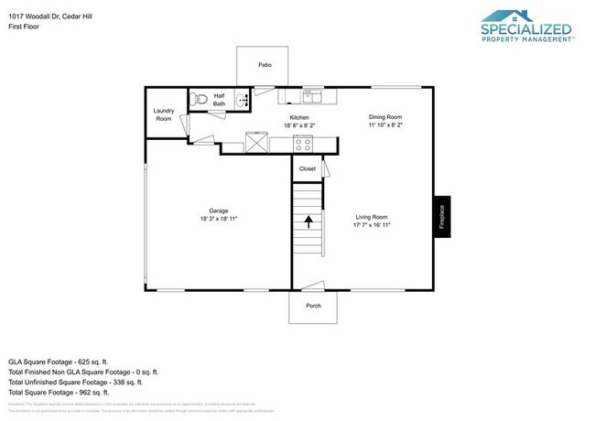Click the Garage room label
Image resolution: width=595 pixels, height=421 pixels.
click(x=218, y=210)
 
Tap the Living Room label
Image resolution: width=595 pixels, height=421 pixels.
click(x=373, y=216)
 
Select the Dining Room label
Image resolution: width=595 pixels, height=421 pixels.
click(x=385, y=117)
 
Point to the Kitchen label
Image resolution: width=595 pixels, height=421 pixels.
click(x=299, y=118)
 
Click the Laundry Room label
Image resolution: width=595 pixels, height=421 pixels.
click(x=164, y=114)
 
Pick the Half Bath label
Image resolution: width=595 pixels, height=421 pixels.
click(x=220, y=100)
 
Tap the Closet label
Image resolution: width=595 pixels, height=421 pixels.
click(x=308, y=168)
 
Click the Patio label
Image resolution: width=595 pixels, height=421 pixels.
click(x=265, y=65)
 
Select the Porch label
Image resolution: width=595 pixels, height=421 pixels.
click(x=313, y=307)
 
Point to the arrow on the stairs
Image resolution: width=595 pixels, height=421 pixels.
click(x=308, y=220)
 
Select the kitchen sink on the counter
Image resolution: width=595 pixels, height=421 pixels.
click(x=310, y=94)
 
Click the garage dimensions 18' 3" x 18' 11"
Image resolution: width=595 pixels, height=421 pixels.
click(x=218, y=220)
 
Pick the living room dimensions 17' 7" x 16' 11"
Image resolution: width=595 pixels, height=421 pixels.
click(x=373, y=224)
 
